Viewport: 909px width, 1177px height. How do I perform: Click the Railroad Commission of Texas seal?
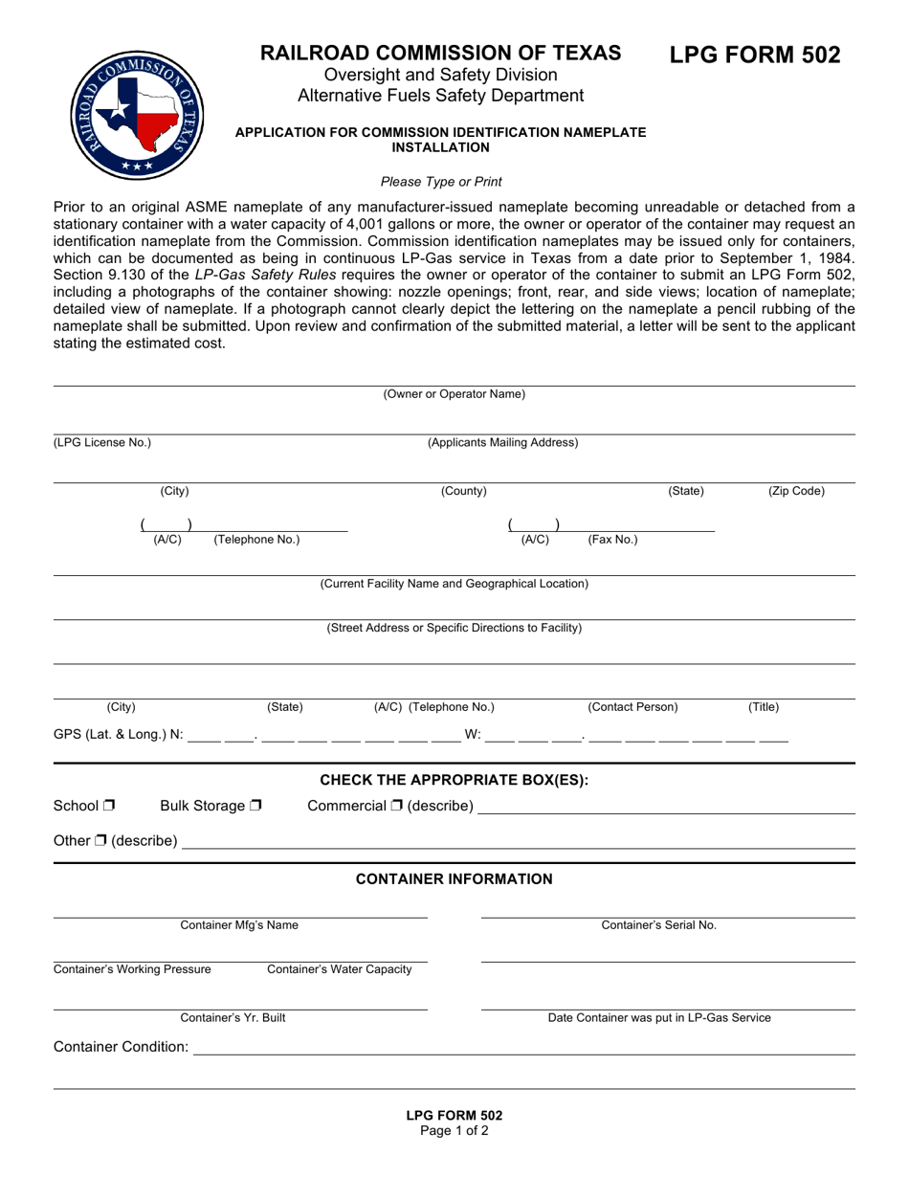[x=138, y=115]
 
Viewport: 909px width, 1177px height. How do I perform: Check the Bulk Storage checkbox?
[x=255, y=807]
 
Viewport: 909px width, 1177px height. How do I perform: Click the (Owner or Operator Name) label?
[x=454, y=394]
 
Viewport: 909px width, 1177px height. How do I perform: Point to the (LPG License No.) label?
[x=101, y=442]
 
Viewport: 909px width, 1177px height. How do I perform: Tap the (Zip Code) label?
[x=796, y=492]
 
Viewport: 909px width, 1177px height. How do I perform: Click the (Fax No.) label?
[x=612, y=540]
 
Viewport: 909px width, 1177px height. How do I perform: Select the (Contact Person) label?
[x=632, y=707]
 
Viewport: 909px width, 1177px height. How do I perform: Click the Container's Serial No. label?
[x=658, y=925]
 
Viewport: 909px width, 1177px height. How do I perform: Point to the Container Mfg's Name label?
[x=239, y=925]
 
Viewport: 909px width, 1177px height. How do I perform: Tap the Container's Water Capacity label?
[x=339, y=969]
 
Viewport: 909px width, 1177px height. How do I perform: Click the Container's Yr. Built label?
[x=233, y=1018]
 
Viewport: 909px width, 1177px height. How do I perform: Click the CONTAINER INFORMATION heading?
[x=454, y=879]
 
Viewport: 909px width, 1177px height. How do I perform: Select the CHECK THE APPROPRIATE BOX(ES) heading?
[x=454, y=780]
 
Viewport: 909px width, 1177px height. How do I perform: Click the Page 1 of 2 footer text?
[x=454, y=1131]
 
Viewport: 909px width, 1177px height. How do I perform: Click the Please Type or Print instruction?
[x=441, y=182]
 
